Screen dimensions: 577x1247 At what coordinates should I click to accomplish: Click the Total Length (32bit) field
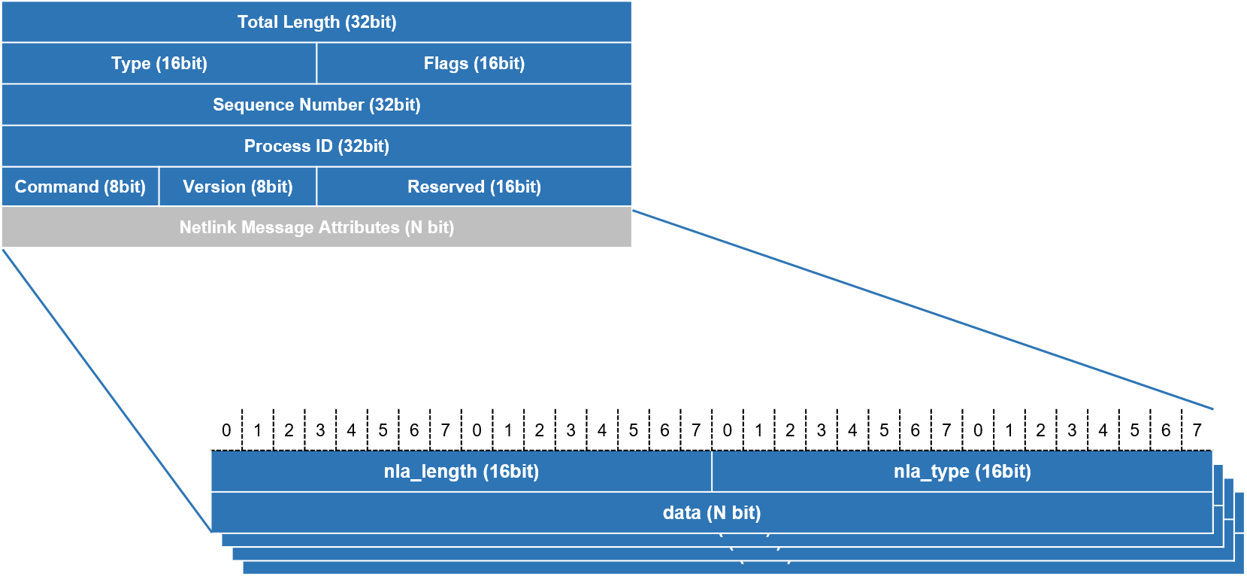click(316, 22)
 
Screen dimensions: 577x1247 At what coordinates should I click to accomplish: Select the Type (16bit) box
click(159, 63)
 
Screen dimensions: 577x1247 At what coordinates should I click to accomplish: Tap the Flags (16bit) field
click(474, 63)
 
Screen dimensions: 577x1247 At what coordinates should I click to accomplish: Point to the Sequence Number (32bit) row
click(316, 105)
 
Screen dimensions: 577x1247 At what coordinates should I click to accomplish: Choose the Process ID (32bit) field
click(316, 146)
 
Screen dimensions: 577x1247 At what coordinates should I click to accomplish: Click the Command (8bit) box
click(80, 187)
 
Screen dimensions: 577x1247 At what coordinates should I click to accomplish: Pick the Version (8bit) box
click(238, 187)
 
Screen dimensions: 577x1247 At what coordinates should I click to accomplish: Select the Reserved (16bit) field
click(474, 187)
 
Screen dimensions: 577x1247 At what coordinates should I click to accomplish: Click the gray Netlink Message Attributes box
click(316, 227)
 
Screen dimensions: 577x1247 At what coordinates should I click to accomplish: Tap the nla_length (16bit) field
click(461, 472)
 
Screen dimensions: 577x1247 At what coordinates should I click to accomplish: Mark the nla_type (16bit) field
click(962, 472)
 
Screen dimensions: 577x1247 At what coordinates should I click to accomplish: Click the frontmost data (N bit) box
click(711, 513)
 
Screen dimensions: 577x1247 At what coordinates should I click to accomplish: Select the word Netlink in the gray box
click(207, 227)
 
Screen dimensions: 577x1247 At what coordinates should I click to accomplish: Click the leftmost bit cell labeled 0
click(226, 430)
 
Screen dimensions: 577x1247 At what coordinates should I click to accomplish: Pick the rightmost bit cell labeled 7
click(1197, 430)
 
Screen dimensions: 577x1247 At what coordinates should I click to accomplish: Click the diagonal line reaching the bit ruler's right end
click(923, 310)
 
